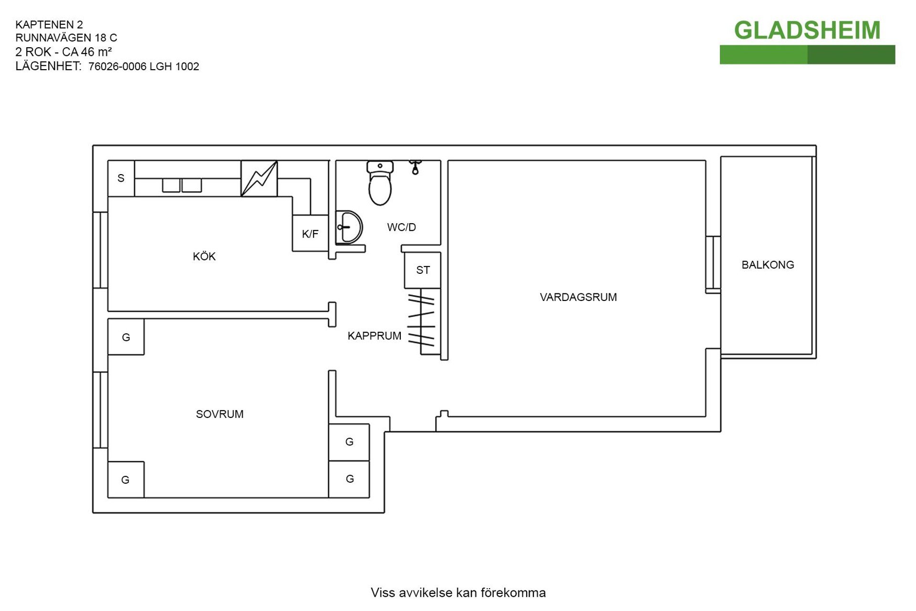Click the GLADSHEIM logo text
[807, 31]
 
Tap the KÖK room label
[204, 256]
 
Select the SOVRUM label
[219, 414]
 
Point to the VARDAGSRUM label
[578, 297]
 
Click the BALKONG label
[768, 265]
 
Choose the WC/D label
[401, 227]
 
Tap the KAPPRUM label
[374, 336]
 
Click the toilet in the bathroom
[380, 183]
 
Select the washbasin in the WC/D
[349, 228]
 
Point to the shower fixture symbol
[415, 167]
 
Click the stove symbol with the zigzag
[259, 178]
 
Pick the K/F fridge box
[311, 233]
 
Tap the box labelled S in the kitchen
[121, 178]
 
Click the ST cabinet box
[423, 270]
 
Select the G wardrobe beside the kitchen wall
[126, 337]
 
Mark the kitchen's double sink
[182, 186]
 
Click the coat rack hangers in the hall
[421, 320]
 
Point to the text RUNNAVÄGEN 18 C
[66, 38]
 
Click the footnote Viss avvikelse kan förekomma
[458, 593]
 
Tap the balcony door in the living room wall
[713, 264]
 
